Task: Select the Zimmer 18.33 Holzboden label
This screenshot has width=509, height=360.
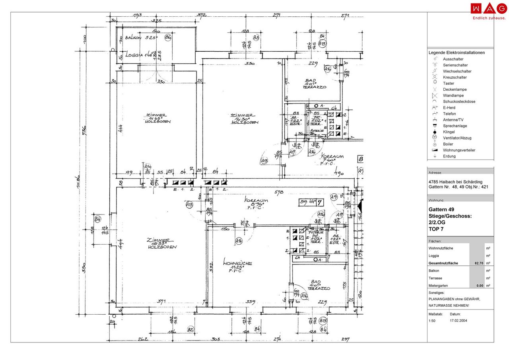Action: pyautogui.click(x=161, y=243)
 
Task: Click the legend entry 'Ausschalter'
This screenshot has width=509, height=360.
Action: pyautogui.click(x=453, y=59)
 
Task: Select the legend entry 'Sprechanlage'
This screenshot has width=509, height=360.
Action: pyautogui.click(x=455, y=126)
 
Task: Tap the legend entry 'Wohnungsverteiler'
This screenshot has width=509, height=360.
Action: pyautogui.click(x=459, y=150)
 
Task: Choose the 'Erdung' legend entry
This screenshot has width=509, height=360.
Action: pyautogui.click(x=449, y=156)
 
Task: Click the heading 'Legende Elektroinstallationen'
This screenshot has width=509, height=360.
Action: pyautogui.click(x=457, y=53)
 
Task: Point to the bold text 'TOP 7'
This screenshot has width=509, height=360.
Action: pyautogui.click(x=435, y=229)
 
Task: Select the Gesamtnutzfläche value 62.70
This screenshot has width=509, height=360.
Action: pyautogui.click(x=478, y=263)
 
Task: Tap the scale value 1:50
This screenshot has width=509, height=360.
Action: pyautogui.click(x=432, y=320)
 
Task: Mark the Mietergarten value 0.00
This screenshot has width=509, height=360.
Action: pyautogui.click(x=480, y=286)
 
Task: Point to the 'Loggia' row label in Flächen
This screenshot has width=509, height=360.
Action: pyautogui.click(x=434, y=256)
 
